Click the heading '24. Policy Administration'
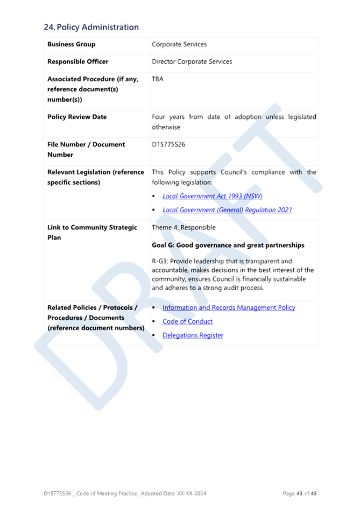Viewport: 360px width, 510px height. coord(91,27)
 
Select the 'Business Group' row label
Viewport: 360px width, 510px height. coord(72,44)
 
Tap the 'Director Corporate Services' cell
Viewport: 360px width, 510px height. coord(192,61)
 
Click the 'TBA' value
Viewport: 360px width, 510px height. coord(158,79)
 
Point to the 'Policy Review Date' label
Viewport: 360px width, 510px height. coord(77,117)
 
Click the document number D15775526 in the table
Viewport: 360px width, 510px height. coord(168,144)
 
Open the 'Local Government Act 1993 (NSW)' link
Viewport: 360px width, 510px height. coord(213,196)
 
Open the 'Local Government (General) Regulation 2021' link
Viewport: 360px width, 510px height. coord(227,210)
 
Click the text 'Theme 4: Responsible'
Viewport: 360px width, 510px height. coord(183,227)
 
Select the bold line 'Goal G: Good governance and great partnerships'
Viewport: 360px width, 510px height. coord(228,245)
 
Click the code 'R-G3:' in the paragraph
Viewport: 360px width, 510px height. coord(160,261)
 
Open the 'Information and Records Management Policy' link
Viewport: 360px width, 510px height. coord(229,308)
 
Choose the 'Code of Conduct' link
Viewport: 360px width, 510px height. coord(187,322)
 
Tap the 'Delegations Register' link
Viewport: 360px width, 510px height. coord(193,336)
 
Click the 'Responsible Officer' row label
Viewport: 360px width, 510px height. coord(78,61)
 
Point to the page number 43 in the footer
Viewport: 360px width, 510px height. coord(299,493)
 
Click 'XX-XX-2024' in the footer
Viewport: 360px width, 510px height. coord(192,493)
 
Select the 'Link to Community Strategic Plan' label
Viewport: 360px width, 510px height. coord(92,233)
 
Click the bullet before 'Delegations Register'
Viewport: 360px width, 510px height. coord(154,336)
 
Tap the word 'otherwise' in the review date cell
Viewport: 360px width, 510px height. coord(166,127)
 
